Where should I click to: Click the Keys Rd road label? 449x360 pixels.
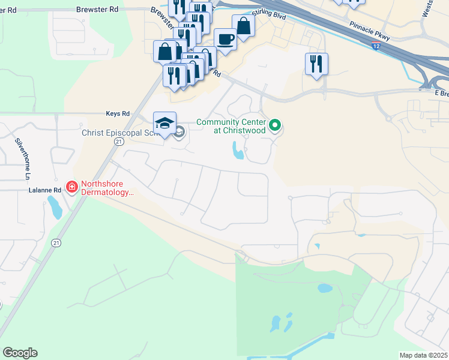pyautogui.click(x=118, y=113)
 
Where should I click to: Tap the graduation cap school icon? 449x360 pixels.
pyautogui.click(x=164, y=123)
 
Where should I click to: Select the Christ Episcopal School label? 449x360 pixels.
pyautogui.click(x=121, y=133)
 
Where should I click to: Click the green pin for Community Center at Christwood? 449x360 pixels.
pyautogui.click(x=275, y=125)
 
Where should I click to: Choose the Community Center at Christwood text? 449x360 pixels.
pyautogui.click(x=231, y=127)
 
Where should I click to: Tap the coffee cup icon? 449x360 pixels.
pyautogui.click(x=225, y=40)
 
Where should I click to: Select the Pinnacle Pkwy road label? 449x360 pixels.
pyautogui.click(x=369, y=32)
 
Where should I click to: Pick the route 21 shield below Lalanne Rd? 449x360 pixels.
pyautogui.click(x=56, y=242)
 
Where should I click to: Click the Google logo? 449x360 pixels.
pyautogui.click(x=20, y=353)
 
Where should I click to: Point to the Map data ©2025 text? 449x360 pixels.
pyautogui.click(x=424, y=355)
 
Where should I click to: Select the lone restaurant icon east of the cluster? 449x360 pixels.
pyautogui.click(x=316, y=64)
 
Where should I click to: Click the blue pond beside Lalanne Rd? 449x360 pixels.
pyautogui.click(x=55, y=208)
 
